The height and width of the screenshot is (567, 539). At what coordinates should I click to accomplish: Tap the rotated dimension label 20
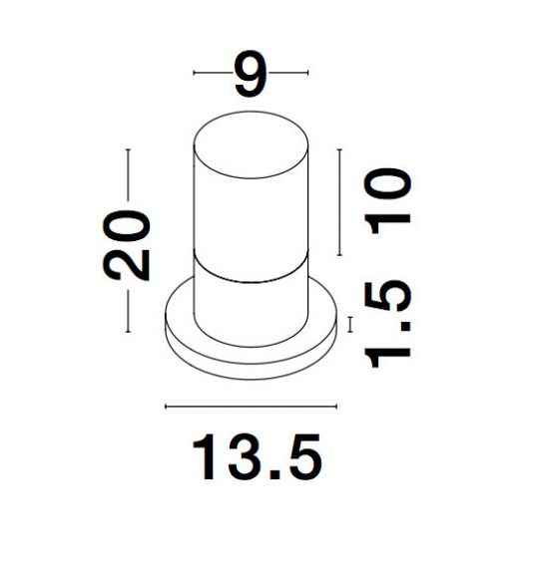(x=127, y=244)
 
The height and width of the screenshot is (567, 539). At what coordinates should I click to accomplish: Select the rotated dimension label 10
(x=387, y=201)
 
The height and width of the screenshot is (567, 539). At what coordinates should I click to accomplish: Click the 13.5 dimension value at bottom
(x=257, y=456)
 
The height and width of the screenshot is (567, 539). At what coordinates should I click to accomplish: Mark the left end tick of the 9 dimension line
(x=195, y=73)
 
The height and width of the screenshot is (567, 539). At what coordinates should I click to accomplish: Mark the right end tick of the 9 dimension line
(x=307, y=73)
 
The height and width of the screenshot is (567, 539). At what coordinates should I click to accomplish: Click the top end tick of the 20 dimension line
(x=128, y=149)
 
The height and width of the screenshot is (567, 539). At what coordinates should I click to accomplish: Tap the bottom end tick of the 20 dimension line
(x=128, y=331)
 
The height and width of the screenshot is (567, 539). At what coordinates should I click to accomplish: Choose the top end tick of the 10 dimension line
(x=339, y=149)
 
